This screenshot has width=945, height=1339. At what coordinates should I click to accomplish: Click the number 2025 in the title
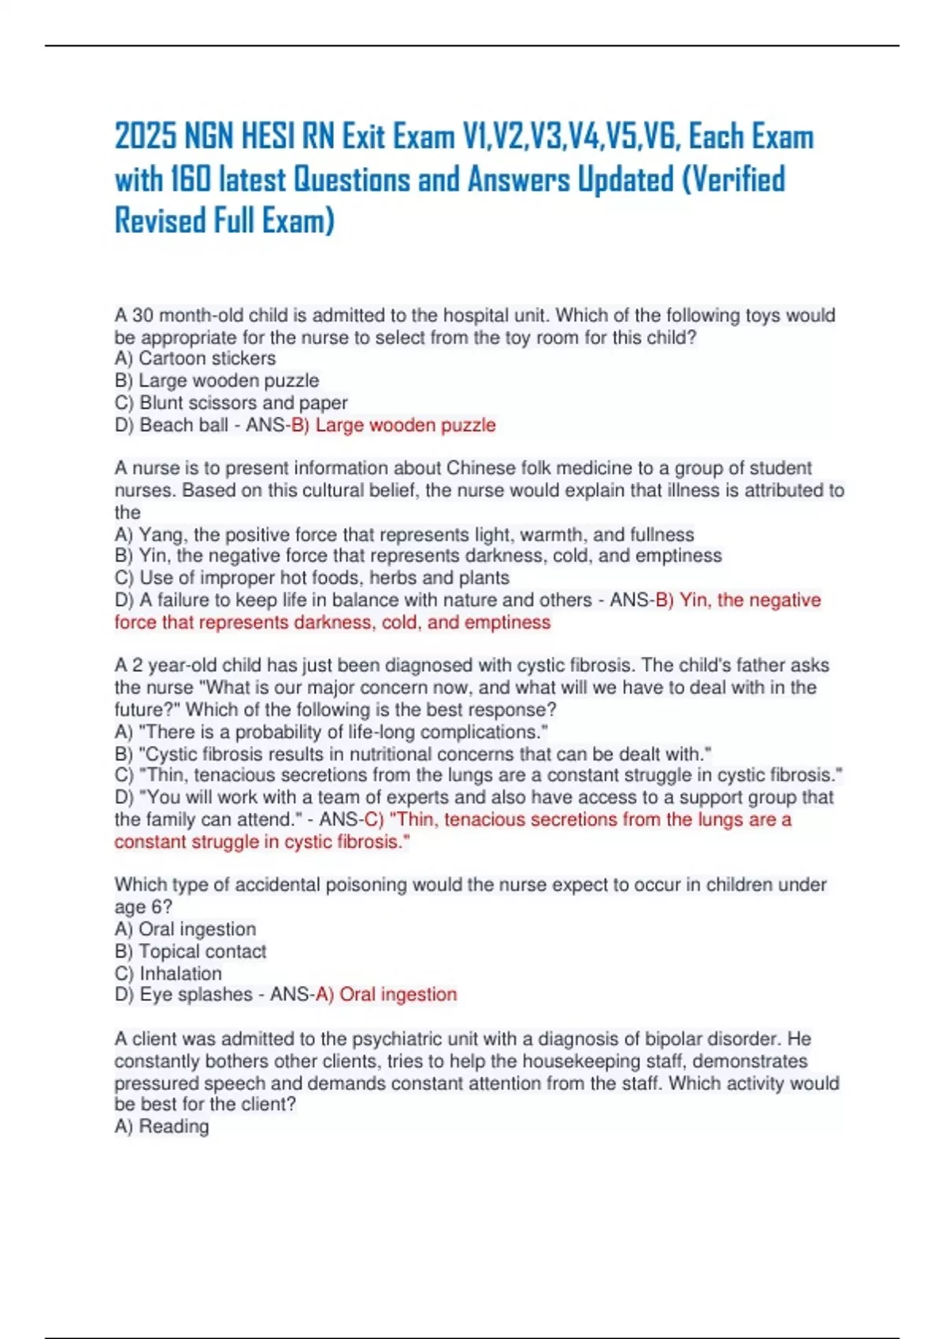[x=146, y=136]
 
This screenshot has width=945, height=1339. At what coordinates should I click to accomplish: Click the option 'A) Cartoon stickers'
[x=195, y=358]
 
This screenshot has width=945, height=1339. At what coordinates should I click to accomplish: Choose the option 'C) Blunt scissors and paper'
[x=231, y=402]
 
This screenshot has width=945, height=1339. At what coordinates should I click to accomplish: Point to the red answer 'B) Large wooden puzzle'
[x=394, y=425]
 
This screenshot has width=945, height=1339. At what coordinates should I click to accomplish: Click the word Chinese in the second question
[x=480, y=468]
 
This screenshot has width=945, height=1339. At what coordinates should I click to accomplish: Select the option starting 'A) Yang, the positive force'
[x=404, y=535]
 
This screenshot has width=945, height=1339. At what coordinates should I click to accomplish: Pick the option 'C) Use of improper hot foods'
[x=312, y=577]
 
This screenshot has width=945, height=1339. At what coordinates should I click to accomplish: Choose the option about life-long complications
[x=332, y=732]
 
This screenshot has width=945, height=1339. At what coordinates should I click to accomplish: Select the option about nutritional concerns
[x=413, y=754]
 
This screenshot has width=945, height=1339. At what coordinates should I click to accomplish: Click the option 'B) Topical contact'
[x=191, y=951]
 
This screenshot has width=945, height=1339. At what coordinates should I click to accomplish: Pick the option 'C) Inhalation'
[x=168, y=974]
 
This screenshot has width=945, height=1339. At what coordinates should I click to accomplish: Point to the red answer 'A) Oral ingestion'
[x=386, y=995]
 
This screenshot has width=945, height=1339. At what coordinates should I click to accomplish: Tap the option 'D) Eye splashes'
[x=183, y=995]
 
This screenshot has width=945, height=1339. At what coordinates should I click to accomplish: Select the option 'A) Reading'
[x=162, y=1126]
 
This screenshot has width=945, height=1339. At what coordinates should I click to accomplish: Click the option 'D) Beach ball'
[x=172, y=425]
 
